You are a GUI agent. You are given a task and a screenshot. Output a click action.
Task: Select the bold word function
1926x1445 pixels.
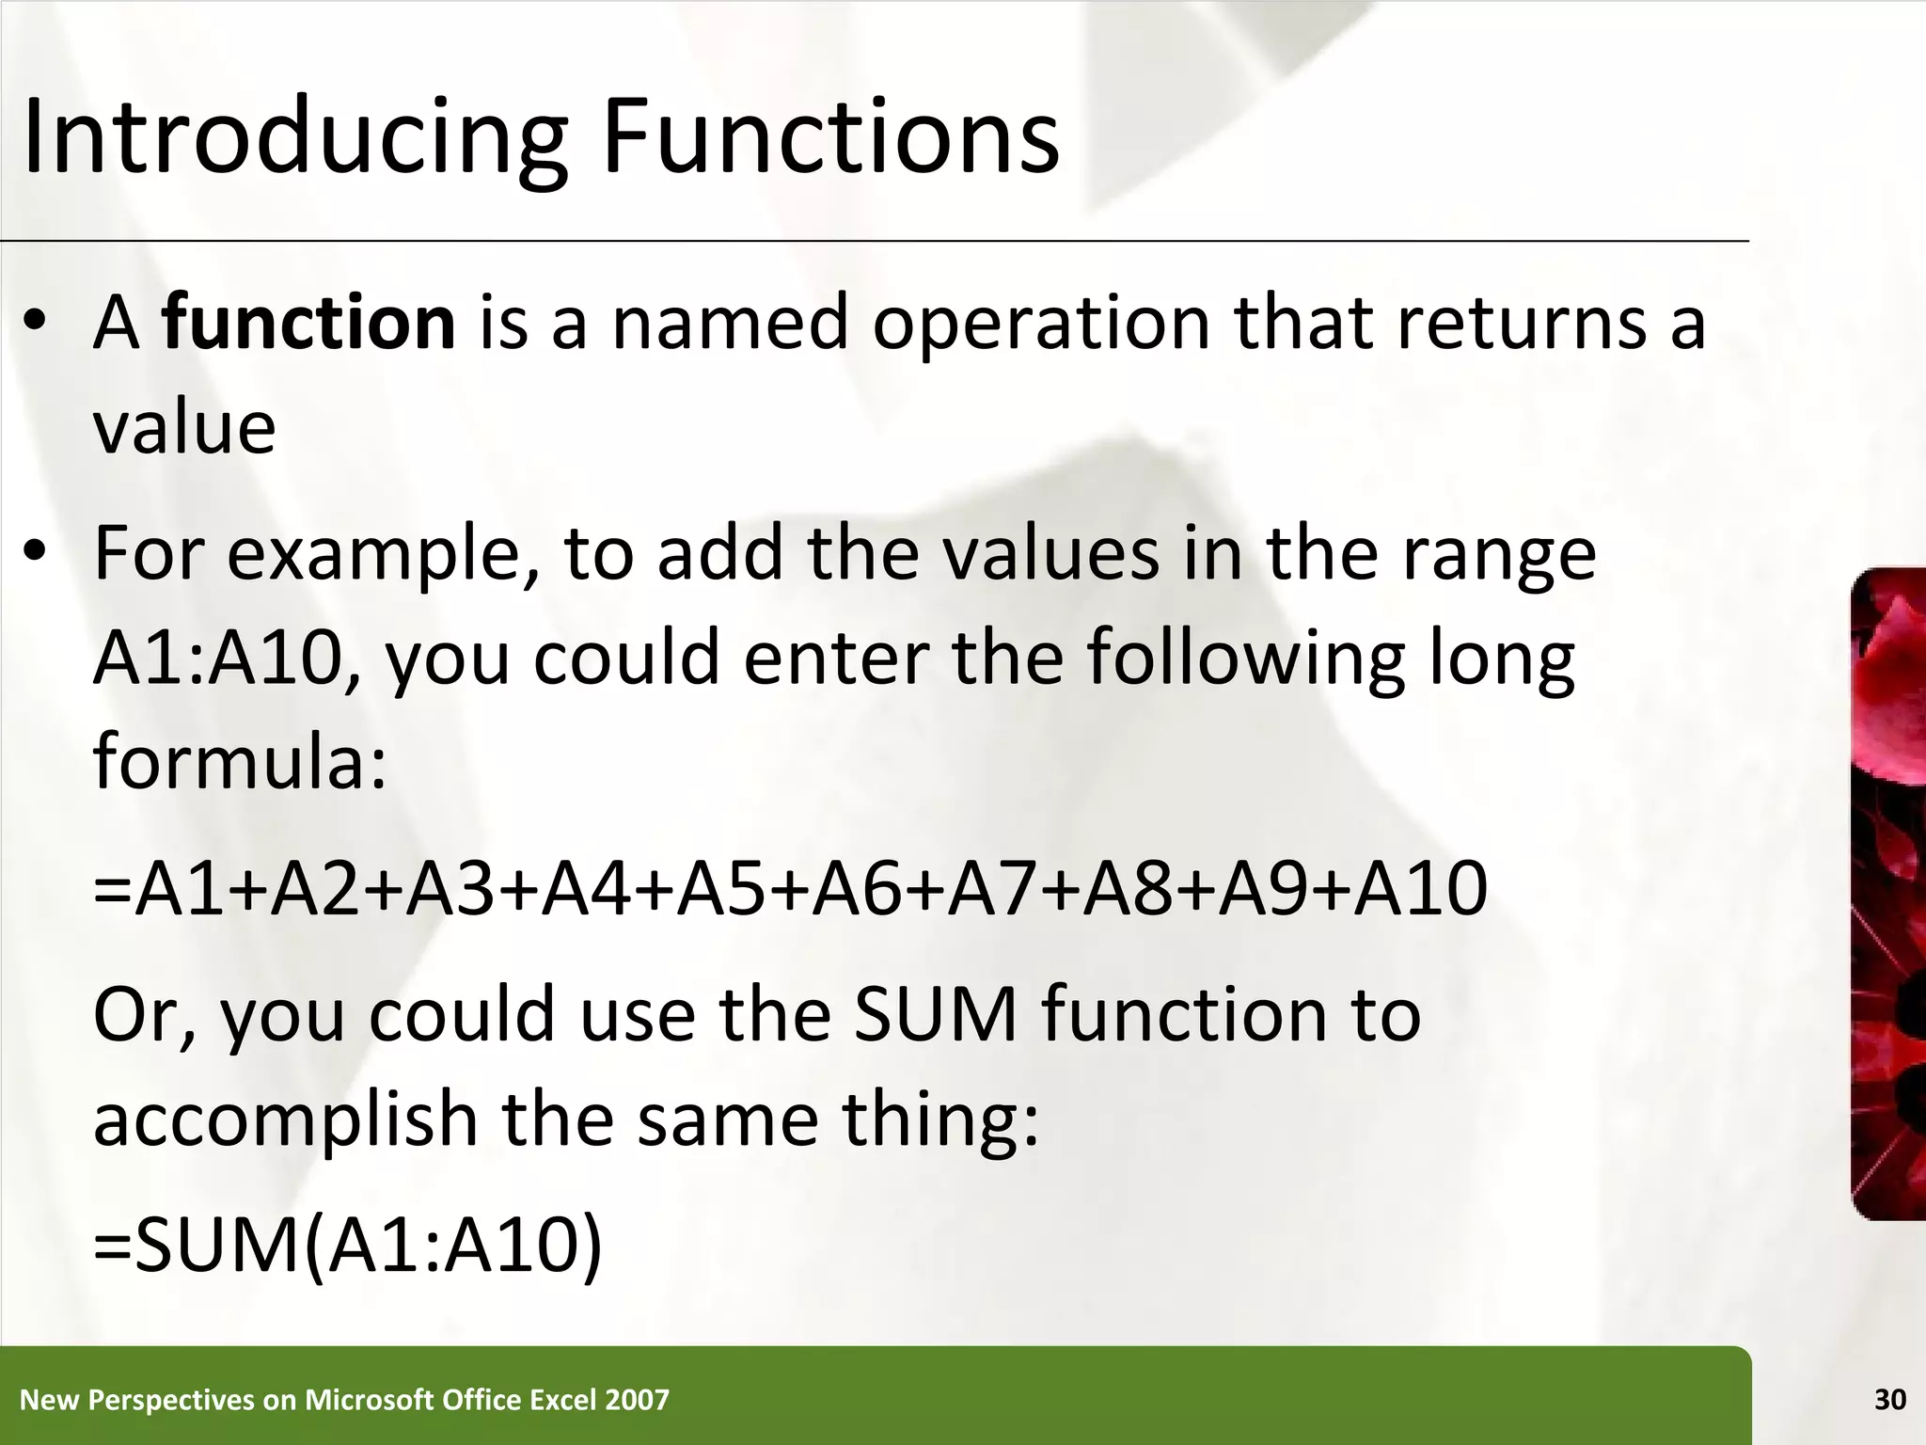[x=309, y=323]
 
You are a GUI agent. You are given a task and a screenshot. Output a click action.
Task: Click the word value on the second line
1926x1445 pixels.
[x=184, y=428]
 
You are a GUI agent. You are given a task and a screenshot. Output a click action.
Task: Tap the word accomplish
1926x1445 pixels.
[x=287, y=1119]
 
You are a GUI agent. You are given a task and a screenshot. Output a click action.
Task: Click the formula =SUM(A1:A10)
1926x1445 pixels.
[x=348, y=1246]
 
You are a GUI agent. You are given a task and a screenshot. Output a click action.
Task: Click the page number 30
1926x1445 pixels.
[x=1889, y=1400]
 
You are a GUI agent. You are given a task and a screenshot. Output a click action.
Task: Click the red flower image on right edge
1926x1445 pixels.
[x=1888, y=894]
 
